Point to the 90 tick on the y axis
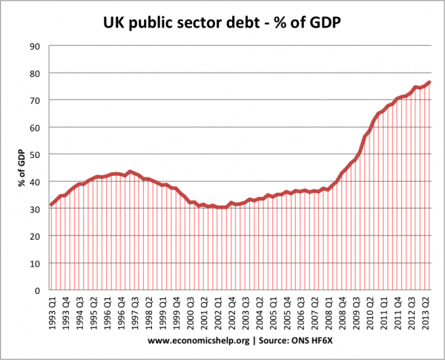point(35,46)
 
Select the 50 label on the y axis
point(35,154)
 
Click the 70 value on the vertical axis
point(35,100)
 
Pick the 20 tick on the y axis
point(35,236)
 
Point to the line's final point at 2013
point(430,82)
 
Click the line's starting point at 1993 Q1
point(50,205)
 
